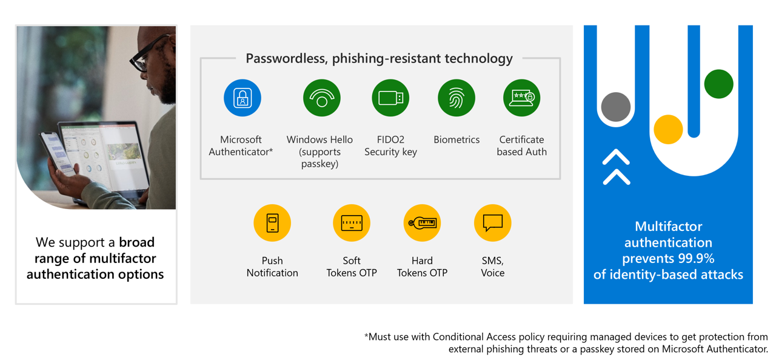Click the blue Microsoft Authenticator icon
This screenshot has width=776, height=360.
point(242,98)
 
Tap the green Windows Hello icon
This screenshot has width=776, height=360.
point(321,98)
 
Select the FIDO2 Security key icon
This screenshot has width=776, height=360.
point(390,98)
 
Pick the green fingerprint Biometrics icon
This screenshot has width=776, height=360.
point(457,98)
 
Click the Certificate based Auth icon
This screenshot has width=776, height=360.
point(521,98)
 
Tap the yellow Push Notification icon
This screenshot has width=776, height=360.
point(272,222)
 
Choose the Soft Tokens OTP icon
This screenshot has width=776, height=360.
point(352,222)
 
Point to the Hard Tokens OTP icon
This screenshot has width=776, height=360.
point(422,222)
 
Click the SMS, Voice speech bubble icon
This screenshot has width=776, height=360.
point(493,222)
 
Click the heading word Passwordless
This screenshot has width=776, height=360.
point(287,58)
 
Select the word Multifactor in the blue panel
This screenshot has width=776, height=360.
point(668,226)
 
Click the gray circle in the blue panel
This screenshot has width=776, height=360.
point(615,107)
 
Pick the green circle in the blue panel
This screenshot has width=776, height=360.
point(719,84)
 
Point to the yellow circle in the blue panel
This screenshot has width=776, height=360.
point(668,130)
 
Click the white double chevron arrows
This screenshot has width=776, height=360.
point(617,167)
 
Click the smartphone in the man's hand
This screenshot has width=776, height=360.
point(57,152)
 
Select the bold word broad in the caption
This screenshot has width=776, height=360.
point(137,242)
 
